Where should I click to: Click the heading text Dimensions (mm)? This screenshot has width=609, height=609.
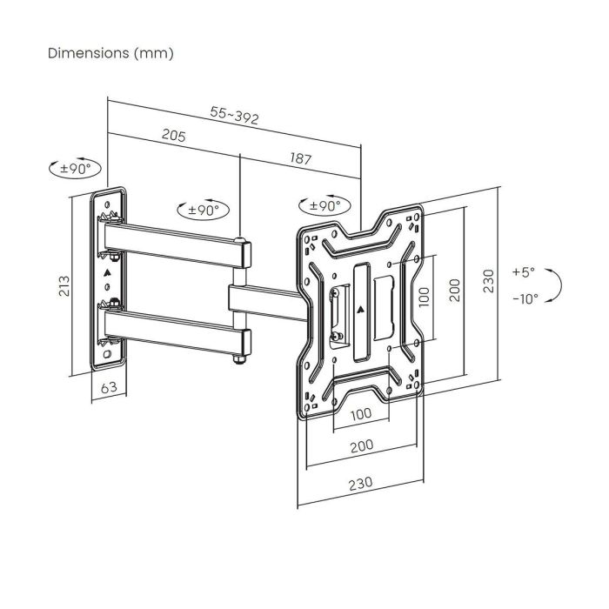[x=110, y=53]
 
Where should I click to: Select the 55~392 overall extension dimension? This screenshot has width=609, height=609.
[x=234, y=116]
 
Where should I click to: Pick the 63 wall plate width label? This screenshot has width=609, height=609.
[x=109, y=388]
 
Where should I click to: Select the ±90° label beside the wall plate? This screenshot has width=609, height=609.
[x=76, y=169]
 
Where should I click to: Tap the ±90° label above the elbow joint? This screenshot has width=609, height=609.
[x=203, y=210]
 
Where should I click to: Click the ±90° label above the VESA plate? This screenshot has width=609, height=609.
[x=325, y=206]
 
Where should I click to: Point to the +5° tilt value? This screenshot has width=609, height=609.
[x=524, y=271]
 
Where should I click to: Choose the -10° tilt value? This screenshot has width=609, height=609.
[x=525, y=298]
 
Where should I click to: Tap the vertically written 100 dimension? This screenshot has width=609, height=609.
[x=424, y=296]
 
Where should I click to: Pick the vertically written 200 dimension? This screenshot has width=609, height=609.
[x=453, y=291]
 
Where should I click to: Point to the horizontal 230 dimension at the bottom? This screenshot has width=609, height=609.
[x=360, y=482]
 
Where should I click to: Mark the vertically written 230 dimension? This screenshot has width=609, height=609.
[x=488, y=281]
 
